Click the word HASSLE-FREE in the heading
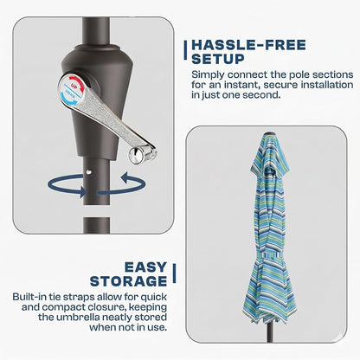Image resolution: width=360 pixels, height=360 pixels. point(248,45)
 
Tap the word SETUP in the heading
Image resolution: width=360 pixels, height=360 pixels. point(218,59)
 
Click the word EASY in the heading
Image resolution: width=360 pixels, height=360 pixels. point(145,267)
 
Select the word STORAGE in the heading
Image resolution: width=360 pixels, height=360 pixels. point(128,281)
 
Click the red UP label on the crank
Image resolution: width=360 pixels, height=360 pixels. point(74,87)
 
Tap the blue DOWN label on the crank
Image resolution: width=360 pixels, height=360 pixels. point(71,94)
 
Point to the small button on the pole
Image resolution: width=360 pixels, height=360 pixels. point(89,172)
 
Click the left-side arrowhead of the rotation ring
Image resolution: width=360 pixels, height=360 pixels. point(83,191)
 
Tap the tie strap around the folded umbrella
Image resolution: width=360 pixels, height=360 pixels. point(270,255)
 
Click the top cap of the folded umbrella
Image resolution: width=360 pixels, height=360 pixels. point(269,133)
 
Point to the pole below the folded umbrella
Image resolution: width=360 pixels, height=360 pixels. point(270,332)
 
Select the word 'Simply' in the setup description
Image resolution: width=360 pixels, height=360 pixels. point(208,75)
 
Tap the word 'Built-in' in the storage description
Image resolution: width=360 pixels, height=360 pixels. point(29,297)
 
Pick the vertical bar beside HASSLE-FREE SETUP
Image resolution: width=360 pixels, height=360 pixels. point(185,50)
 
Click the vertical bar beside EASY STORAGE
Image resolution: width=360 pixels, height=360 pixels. point(174,273)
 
